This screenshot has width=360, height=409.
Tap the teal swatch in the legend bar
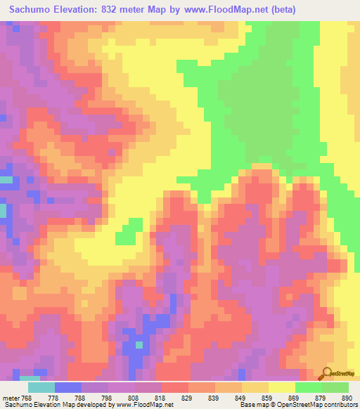tap(41, 387)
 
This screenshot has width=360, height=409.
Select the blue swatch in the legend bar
tap(68, 387)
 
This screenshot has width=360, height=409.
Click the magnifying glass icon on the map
tap(328, 372)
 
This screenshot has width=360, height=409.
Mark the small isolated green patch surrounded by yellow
tap(127, 233)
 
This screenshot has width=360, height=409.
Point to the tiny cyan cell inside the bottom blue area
tap(139, 345)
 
